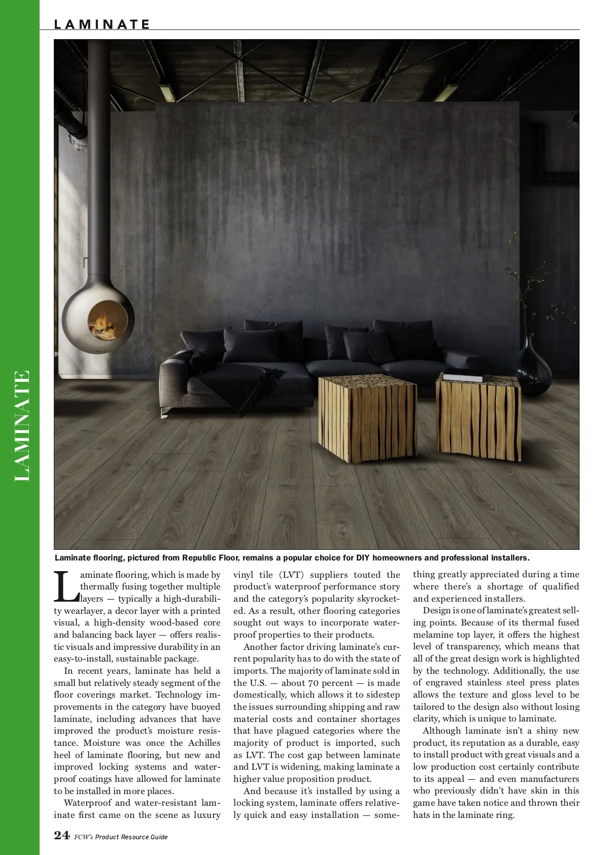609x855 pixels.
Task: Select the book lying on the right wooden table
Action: (x=463, y=377)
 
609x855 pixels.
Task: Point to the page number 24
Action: (x=61, y=835)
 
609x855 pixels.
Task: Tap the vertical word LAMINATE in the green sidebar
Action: (x=22, y=426)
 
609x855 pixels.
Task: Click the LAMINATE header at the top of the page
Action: (x=102, y=24)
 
